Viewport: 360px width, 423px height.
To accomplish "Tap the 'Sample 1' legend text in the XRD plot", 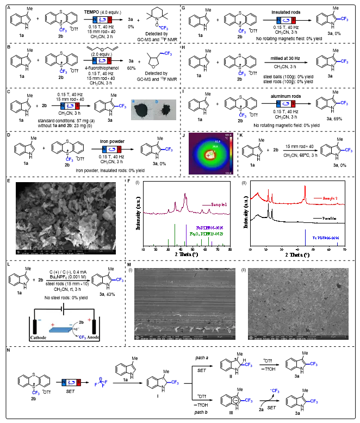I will pyautogui.click(x=214, y=203).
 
